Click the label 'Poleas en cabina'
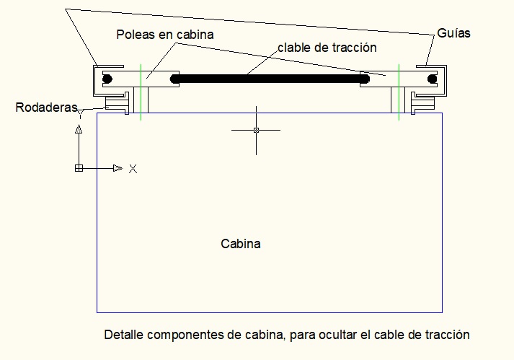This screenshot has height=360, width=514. tap(165, 34)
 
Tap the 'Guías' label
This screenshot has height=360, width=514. tap(454, 33)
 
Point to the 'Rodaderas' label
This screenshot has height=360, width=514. tap(46, 107)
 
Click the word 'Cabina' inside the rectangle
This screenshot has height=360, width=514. tap(241, 244)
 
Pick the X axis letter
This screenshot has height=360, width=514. tap(133, 169)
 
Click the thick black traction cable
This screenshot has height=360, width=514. tap(267, 78)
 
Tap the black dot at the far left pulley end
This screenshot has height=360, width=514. tap(107, 78)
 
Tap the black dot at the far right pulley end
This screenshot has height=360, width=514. tap(430, 78)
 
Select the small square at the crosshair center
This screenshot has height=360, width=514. tap(256, 130)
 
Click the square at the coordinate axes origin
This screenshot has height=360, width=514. tap(79, 168)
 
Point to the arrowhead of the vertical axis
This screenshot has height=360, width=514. tap(79, 129)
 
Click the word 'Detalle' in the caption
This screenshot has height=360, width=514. tap(123, 335)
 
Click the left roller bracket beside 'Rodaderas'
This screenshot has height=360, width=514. tap(118, 101)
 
